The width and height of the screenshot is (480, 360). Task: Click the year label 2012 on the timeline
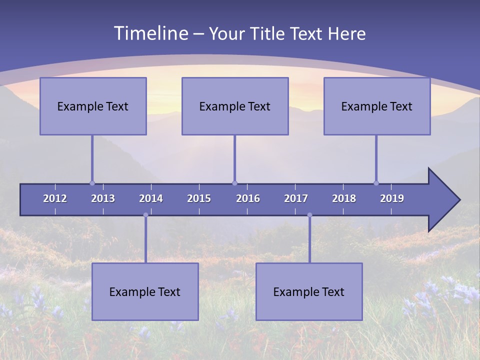(55, 198)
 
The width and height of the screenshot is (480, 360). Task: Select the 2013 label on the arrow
(103, 198)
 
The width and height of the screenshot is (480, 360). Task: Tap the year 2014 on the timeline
(151, 198)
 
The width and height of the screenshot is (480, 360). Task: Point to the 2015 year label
(199, 198)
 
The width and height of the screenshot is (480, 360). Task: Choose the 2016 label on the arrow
(248, 198)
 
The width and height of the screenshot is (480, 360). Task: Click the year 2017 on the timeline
(296, 198)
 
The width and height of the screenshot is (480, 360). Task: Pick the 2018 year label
(344, 198)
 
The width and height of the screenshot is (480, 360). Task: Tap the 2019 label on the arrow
(392, 198)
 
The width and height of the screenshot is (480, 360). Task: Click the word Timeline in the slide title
(150, 33)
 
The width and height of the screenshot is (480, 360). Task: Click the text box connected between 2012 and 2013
(93, 106)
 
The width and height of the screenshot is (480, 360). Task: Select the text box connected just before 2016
(235, 106)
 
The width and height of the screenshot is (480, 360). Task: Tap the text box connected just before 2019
(377, 106)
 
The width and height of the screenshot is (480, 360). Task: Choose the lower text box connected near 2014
(145, 291)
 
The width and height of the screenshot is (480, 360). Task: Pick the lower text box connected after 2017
(309, 291)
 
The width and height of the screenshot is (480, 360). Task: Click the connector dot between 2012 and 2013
(92, 183)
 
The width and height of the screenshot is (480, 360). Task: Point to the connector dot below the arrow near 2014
(145, 215)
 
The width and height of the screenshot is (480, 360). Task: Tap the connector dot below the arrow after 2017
(309, 215)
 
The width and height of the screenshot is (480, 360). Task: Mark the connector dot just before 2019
(376, 183)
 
